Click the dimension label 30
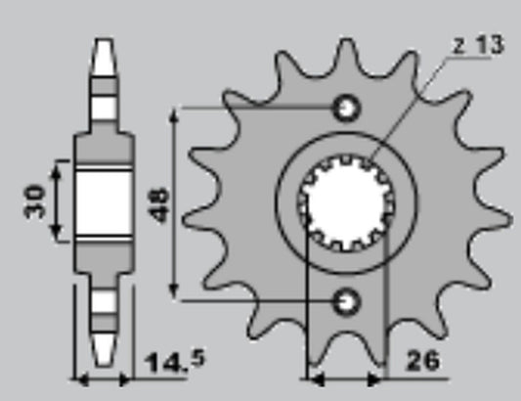pyautogui.click(x=34, y=201)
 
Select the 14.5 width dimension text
pyautogui.click(x=175, y=362)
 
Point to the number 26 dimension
pyautogui.click(x=422, y=361)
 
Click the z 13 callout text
pyautogui.click(x=478, y=45)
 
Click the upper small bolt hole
pyautogui.click(x=347, y=108)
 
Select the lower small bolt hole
pyautogui.click(x=347, y=302)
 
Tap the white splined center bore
pyautogui.click(x=346, y=202)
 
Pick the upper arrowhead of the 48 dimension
pyautogui.click(x=173, y=114)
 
